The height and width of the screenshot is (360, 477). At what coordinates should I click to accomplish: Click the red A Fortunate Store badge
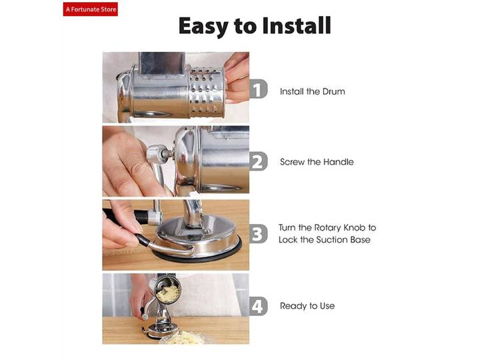point(91,9)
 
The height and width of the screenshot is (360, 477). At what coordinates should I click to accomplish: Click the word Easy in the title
point(203,27)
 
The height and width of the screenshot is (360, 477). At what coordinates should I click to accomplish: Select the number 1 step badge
point(258,89)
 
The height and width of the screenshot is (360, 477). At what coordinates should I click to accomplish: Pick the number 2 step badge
point(258,161)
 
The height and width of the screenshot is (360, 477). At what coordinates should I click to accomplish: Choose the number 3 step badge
point(258,234)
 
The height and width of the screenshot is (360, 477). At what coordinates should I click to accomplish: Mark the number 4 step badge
point(258,306)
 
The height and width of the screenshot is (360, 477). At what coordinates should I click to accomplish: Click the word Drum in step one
point(334,91)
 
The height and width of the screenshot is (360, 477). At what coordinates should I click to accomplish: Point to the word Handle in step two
point(338,162)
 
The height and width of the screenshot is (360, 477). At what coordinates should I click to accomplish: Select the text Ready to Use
point(307,306)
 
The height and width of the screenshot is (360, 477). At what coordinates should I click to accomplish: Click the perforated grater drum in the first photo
point(207,92)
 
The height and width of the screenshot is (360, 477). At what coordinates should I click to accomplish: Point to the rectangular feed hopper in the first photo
point(161,63)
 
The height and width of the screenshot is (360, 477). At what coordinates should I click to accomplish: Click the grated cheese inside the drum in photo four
point(168,294)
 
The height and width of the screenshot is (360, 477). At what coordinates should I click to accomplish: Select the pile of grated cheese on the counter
point(185,338)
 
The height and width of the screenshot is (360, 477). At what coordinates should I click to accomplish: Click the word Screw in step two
point(292,162)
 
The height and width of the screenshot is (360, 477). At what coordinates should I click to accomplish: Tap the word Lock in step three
point(288,240)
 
